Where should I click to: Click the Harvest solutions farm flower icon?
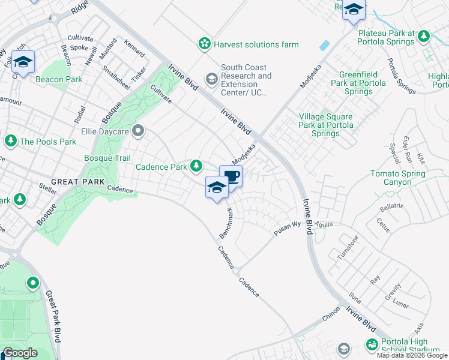coord(205,44)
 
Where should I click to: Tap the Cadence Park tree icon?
coord(196,166)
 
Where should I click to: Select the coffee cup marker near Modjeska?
coord(231,176)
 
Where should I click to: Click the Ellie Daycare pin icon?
coord(139,130)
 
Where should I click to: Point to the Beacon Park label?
coord(59,79)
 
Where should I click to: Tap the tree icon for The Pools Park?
coord(10,141)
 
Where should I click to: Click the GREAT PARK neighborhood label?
coord(77,181)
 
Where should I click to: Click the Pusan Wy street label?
coord(288,228)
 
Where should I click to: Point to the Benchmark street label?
coord(226,223)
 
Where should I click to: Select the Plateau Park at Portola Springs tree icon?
coord(424,37)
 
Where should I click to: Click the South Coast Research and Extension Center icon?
coord(211,79)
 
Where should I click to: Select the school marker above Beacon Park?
coord(23,62)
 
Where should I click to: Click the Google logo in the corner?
coord(20,353)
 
